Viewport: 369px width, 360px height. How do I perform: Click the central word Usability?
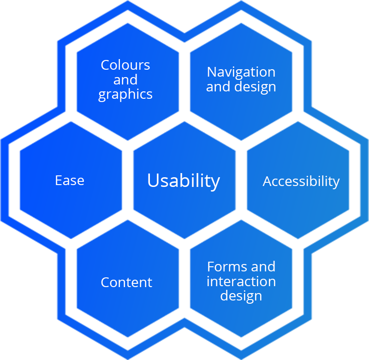(x=183, y=180)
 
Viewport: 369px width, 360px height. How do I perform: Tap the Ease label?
(x=70, y=180)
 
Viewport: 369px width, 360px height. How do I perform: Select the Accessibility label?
(x=301, y=181)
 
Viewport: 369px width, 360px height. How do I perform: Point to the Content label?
(x=126, y=282)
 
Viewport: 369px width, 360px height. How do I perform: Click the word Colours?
(x=125, y=65)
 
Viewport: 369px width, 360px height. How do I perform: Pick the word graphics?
(x=125, y=95)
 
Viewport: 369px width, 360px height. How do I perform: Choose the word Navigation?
(x=241, y=72)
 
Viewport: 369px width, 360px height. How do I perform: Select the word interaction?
(x=241, y=282)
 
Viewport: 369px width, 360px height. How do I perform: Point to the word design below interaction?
(x=241, y=296)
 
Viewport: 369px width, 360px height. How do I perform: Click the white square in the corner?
(x=354, y=344)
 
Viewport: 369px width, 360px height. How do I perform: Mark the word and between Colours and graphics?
(x=125, y=80)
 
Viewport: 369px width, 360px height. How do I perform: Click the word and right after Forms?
(x=263, y=267)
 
